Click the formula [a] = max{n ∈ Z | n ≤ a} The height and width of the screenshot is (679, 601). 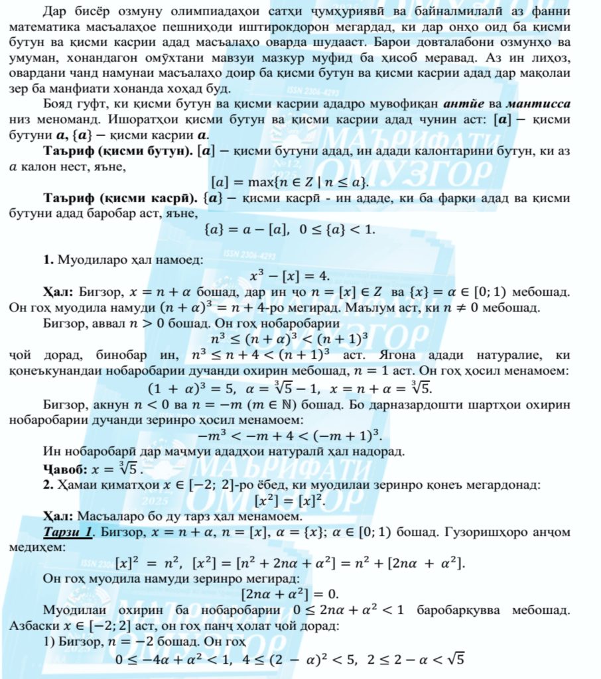[290, 181]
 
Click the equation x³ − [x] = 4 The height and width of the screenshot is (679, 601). [290, 275]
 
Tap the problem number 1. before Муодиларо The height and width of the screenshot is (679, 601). [48, 260]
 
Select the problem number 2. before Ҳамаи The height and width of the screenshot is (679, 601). [48, 485]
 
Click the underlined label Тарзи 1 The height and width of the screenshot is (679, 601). [68, 532]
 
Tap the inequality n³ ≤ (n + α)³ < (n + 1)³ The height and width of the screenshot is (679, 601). [290, 340]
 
